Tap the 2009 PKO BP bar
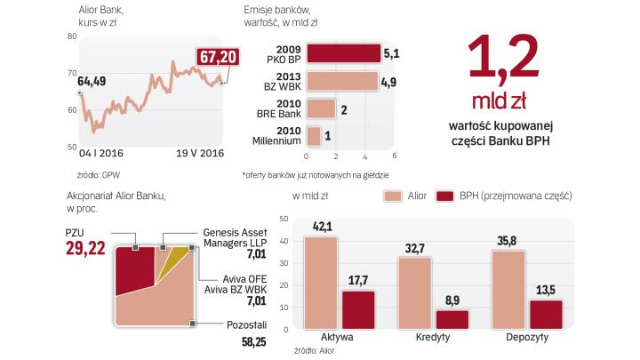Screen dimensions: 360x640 [342, 53]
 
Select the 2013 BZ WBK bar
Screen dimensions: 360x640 [340, 81]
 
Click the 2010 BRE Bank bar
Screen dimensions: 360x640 [320, 108]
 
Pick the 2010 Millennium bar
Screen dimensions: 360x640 [313, 135]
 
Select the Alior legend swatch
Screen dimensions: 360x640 [393, 195]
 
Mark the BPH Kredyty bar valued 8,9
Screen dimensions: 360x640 [452, 318]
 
